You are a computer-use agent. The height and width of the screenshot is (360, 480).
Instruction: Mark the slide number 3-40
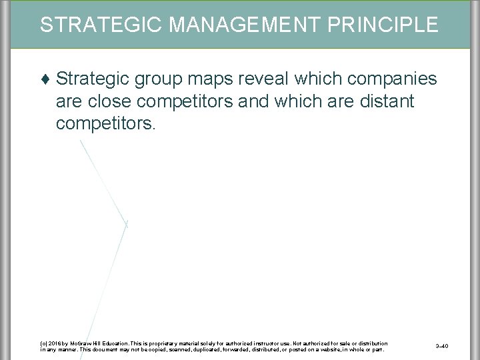[441, 346]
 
